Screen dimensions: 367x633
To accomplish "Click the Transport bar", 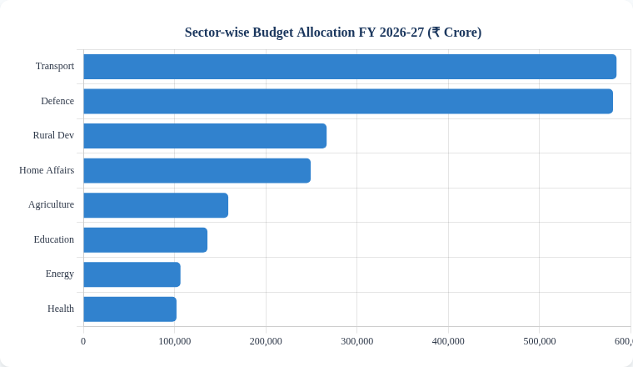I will coord(350,67).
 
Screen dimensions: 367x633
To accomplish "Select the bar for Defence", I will coord(348,101).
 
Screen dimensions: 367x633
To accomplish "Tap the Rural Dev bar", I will coord(205,136).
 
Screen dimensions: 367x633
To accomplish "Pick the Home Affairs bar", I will coord(197,170).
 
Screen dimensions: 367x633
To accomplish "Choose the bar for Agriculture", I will coord(156,205).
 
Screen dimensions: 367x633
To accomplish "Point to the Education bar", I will coord(145,240).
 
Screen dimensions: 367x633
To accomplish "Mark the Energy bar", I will coord(132,274).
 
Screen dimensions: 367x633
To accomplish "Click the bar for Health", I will coord(130,309).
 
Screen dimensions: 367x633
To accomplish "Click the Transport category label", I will coord(55,66).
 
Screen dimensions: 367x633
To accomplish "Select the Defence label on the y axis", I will coord(57,101).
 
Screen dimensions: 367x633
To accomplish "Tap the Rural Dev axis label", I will coord(53,135).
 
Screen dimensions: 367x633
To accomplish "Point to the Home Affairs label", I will coord(47,170).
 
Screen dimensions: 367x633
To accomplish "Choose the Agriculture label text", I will coord(51,204).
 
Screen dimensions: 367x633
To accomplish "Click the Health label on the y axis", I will coord(61,309).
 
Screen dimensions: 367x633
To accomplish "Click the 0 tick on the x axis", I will coord(83,341).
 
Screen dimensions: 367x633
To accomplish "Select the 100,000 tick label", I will coord(174,341).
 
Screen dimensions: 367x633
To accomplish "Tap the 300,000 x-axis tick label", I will coord(356,341).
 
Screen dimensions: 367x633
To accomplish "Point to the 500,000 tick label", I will coord(539,341).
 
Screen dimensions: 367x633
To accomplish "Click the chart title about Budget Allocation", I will coord(332,33).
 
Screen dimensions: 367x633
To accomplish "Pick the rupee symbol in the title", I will coord(436,33).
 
